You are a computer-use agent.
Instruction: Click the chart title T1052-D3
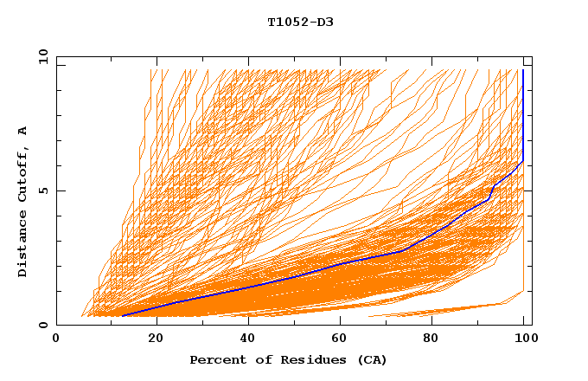300,23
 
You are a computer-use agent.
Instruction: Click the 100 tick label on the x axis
524,338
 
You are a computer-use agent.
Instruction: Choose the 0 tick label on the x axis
57,338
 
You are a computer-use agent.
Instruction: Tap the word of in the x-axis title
259,359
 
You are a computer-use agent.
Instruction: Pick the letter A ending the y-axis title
22,131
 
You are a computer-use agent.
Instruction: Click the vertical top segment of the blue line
522,113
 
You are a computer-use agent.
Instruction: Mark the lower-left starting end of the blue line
125,315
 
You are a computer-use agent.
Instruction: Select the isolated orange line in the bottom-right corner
450,309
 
